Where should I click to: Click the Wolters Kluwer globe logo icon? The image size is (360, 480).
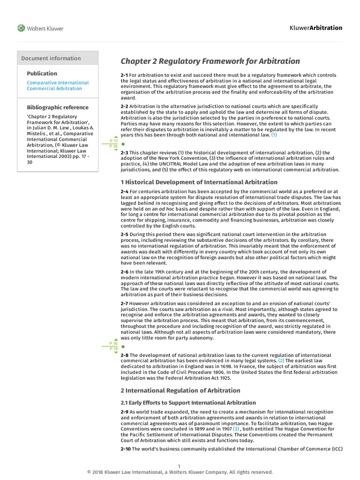click(x=21, y=28)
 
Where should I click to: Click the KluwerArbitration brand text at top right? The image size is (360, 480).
click(x=316, y=28)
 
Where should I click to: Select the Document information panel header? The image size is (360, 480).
click(x=51, y=58)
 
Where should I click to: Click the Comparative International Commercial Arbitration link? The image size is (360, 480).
click(x=57, y=85)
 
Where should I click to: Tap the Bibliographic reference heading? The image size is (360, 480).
click(x=57, y=107)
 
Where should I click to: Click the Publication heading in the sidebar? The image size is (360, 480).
click(x=42, y=73)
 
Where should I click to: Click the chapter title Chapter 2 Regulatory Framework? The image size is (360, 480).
click(x=210, y=61)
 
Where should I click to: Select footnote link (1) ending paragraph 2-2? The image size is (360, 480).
click(x=274, y=135)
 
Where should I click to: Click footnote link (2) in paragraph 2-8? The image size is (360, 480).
click(x=281, y=361)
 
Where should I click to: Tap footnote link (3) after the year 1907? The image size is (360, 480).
click(x=236, y=429)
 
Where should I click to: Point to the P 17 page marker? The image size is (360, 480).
click(x=113, y=141)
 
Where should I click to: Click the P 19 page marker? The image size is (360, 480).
click(x=113, y=349)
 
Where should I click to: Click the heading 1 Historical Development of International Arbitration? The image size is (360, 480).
click(x=199, y=182)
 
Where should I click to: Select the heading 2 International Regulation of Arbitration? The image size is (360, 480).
click(x=180, y=390)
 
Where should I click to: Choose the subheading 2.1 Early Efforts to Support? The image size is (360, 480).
click(x=188, y=403)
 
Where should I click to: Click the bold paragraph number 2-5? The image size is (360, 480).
click(x=124, y=234)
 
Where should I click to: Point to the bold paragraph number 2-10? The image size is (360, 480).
click(x=126, y=449)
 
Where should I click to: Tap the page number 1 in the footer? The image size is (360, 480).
click(x=179, y=466)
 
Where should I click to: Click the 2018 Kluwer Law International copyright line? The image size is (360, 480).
click(x=180, y=472)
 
